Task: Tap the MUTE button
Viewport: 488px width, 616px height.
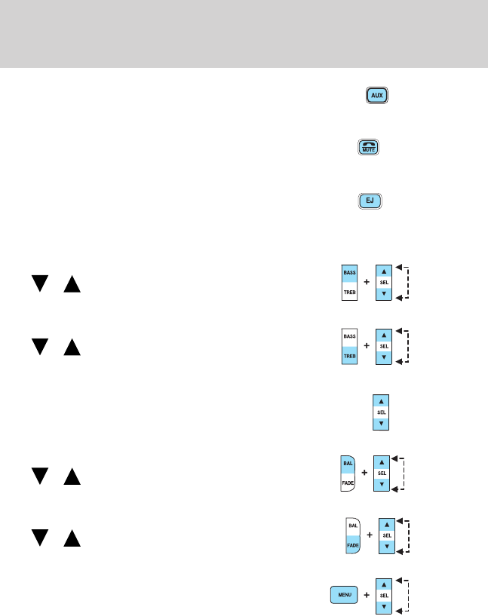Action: click(x=368, y=149)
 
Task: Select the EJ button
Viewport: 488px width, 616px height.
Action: click(x=370, y=201)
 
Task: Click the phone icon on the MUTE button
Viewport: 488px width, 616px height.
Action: click(x=368, y=146)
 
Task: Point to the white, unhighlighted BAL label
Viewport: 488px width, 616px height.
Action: click(x=351, y=525)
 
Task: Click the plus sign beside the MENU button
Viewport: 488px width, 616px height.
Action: click(x=367, y=594)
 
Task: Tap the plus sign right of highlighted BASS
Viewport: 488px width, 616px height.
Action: click(x=367, y=282)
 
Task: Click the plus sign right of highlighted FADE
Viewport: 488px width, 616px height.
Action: click(x=370, y=536)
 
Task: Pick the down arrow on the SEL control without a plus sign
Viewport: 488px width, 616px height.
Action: click(x=382, y=424)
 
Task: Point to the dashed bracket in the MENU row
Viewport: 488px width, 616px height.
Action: click(x=408, y=594)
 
